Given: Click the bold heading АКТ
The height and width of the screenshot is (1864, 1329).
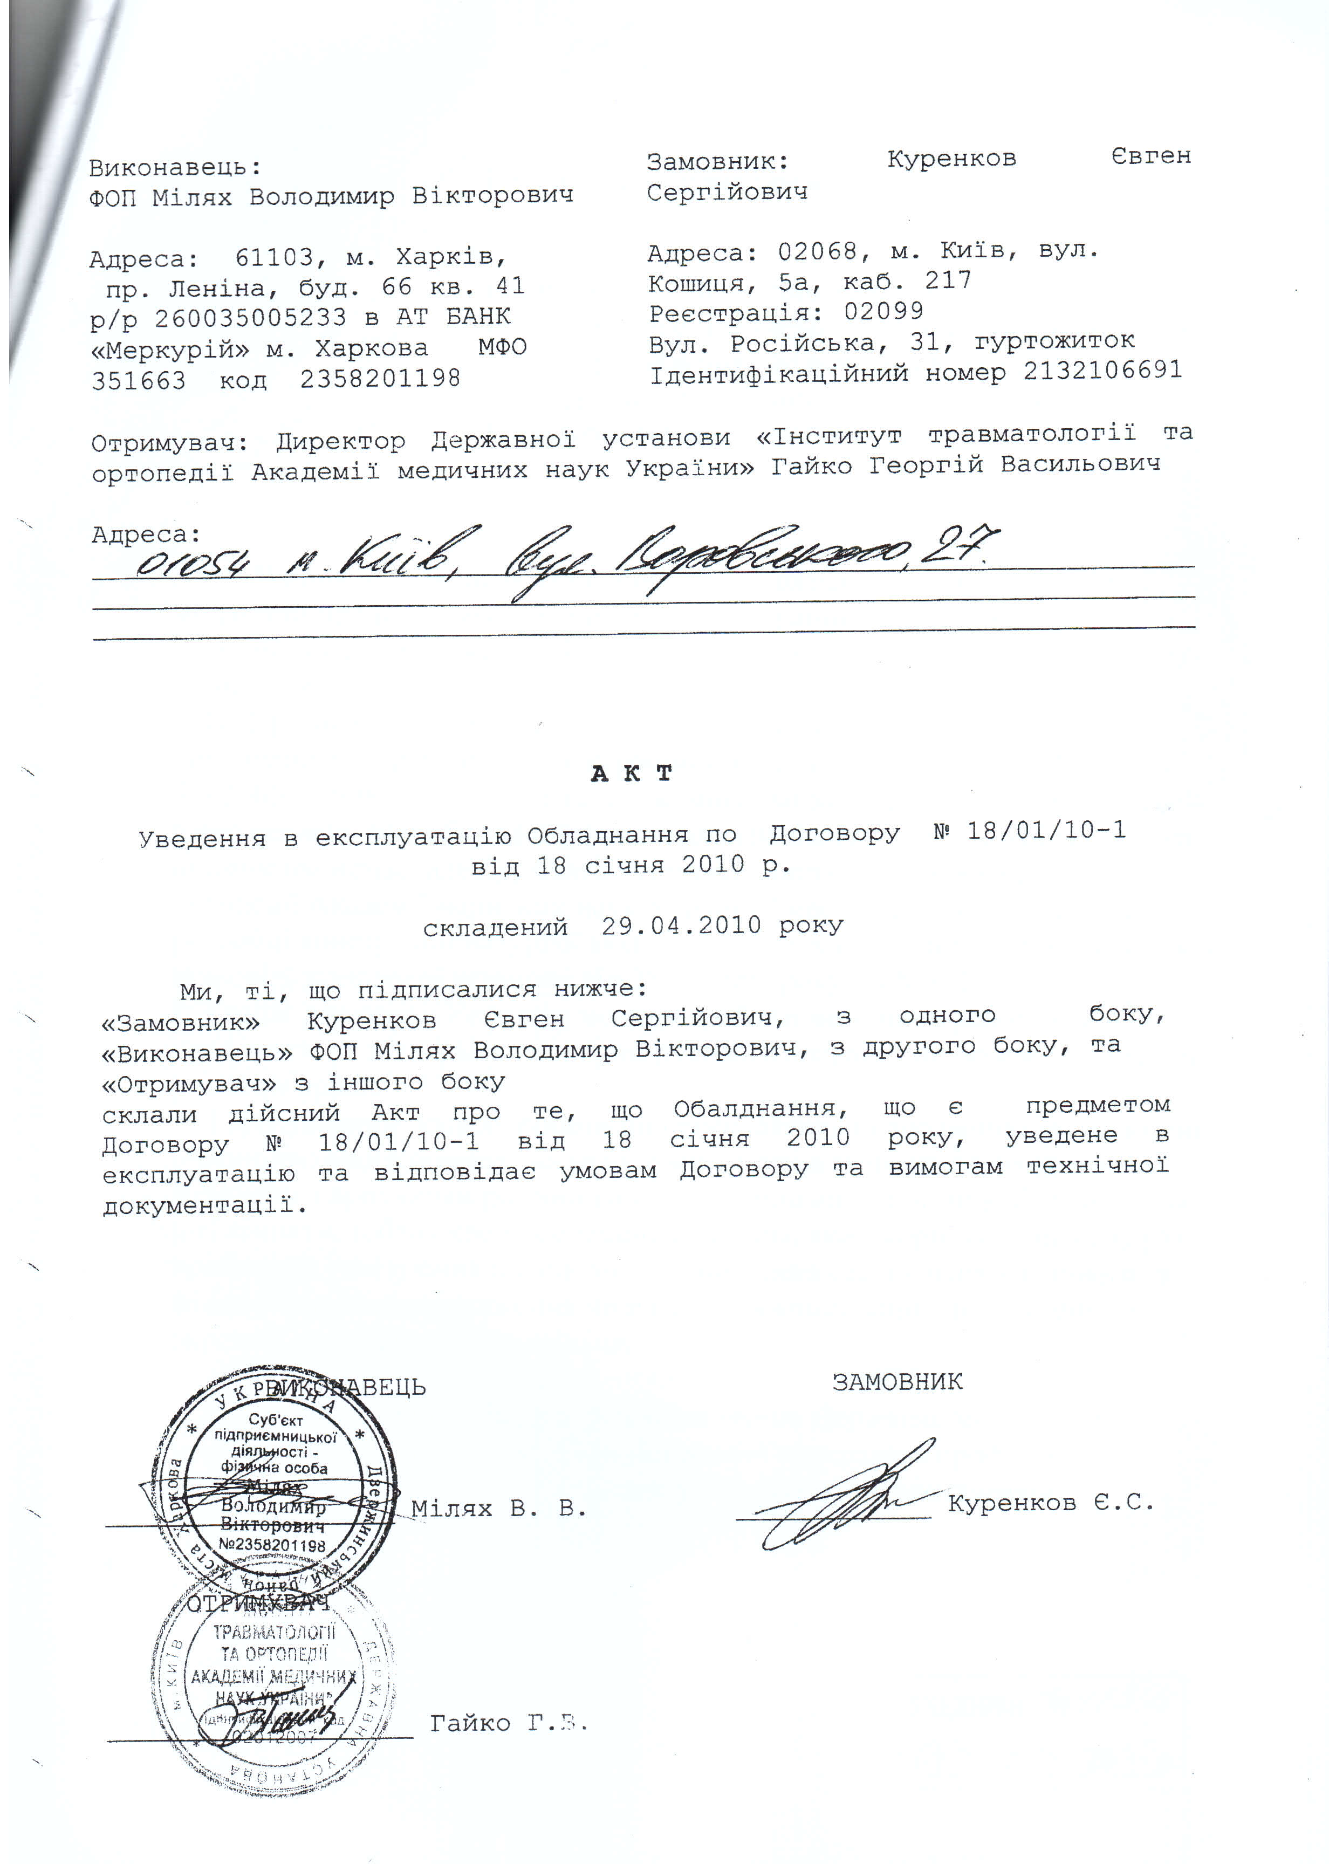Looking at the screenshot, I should pos(631,773).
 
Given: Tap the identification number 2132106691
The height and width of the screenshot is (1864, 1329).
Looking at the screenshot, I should pos(1102,371).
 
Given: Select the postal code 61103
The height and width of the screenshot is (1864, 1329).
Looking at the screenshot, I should pos(274,258).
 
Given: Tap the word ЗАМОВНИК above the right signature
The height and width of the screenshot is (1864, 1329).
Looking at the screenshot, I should pos(897,1382).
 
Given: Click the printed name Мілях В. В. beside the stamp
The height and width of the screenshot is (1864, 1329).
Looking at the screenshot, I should pos(498,1508).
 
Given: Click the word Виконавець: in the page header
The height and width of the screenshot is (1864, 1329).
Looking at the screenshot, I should pos(175,168).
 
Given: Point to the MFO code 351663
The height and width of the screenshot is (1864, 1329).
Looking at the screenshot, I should pos(138,380).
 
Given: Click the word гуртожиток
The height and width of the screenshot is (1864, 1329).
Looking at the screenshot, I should pos(1054,340).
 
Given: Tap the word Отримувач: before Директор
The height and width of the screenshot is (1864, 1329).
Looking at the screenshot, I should pos(169,443).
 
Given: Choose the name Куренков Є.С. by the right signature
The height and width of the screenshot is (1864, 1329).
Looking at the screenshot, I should pos(1051,1502).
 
